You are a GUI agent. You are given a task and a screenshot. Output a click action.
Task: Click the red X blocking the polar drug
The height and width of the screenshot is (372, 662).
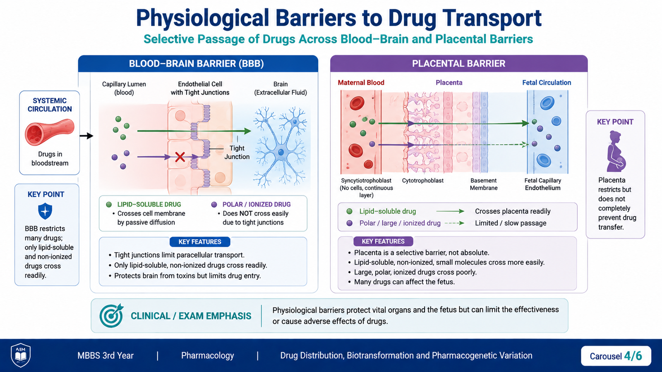180,157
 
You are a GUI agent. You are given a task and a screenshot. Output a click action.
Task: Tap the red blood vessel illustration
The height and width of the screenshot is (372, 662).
49,132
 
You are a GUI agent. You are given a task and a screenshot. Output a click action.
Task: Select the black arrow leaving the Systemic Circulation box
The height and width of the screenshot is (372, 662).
86,136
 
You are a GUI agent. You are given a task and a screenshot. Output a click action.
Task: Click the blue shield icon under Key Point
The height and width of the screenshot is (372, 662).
45,211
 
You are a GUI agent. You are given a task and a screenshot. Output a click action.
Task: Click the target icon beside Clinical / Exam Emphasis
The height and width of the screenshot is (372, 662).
111,315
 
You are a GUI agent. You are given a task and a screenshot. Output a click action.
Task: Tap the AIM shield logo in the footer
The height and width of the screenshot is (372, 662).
20,355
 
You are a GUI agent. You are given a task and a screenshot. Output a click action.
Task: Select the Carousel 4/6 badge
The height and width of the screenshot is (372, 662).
616,356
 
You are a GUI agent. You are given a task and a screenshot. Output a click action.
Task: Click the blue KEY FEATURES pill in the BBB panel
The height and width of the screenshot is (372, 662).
200,242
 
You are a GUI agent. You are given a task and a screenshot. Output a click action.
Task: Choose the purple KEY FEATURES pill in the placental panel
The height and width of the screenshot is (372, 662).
383,241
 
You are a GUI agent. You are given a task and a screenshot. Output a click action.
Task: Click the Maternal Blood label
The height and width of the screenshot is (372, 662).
361,83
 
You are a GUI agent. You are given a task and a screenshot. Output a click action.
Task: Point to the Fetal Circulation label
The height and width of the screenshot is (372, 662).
547,83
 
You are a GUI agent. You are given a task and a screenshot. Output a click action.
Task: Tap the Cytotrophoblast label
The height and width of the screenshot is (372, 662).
422,180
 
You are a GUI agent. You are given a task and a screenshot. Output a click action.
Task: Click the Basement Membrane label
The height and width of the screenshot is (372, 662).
484,184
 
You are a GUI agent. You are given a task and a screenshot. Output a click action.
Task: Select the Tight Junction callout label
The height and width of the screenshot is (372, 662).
237,153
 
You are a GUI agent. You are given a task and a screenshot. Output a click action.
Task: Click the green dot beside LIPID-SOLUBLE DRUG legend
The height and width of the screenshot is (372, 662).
109,204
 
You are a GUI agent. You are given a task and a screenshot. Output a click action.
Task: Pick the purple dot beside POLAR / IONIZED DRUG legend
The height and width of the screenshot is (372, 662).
214,204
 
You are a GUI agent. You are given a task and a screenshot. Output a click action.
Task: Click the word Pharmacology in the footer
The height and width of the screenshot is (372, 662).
207,355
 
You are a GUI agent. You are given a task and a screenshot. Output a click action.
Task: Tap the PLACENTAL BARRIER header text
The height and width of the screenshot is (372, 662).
459,64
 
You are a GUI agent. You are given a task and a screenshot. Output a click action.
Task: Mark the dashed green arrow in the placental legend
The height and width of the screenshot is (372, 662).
454,223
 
